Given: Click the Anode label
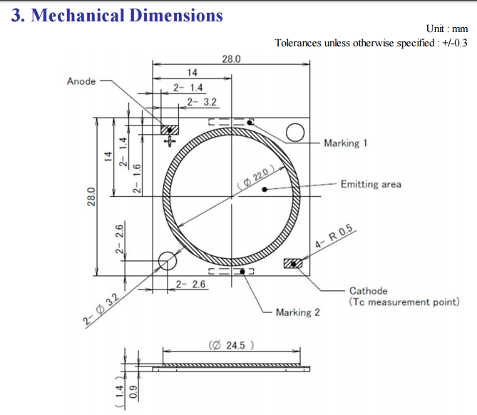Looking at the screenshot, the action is (x=81, y=81).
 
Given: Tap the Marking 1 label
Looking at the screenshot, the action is (x=346, y=143).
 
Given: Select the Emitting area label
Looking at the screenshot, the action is (x=371, y=184).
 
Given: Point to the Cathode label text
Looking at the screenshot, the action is (x=369, y=290).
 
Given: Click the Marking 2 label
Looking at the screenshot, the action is (x=298, y=312).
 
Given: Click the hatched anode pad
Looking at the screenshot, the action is (x=170, y=130).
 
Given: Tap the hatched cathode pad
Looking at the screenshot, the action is (x=293, y=263).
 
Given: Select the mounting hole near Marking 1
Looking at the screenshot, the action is (x=295, y=133).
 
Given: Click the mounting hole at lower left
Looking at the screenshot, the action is (x=168, y=261).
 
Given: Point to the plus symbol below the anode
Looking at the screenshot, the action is (x=170, y=141).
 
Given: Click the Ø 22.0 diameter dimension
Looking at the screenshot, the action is (x=256, y=178).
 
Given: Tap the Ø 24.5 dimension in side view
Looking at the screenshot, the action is (x=231, y=345).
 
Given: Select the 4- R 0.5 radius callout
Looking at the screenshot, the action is (x=334, y=235).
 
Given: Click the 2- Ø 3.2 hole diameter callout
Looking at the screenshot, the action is (x=101, y=309).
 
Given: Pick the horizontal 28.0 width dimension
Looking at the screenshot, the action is (x=231, y=58).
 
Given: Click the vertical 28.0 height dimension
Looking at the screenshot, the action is (x=91, y=197).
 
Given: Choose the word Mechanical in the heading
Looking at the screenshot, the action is (x=77, y=15).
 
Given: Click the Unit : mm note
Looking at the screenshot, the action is (x=447, y=29).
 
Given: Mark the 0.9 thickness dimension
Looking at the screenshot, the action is (x=133, y=392).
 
